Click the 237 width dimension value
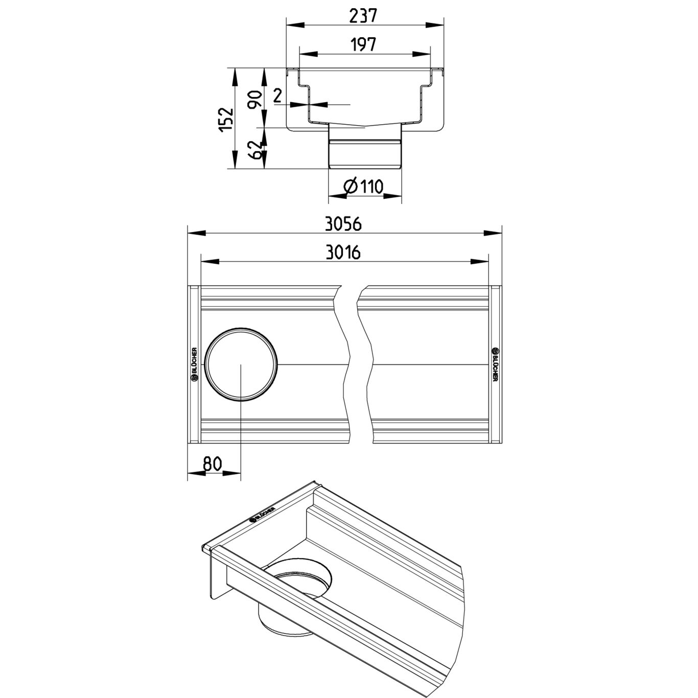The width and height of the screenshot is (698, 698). pyautogui.click(x=363, y=15)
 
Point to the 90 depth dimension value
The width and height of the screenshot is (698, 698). pyautogui.click(x=256, y=100)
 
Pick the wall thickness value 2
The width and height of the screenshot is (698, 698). pyautogui.click(x=278, y=97)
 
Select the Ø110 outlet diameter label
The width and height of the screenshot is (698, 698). pyautogui.click(x=364, y=187)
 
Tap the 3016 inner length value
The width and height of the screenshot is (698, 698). pyautogui.click(x=343, y=253)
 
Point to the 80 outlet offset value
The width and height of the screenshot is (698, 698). pyautogui.click(x=212, y=463)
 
